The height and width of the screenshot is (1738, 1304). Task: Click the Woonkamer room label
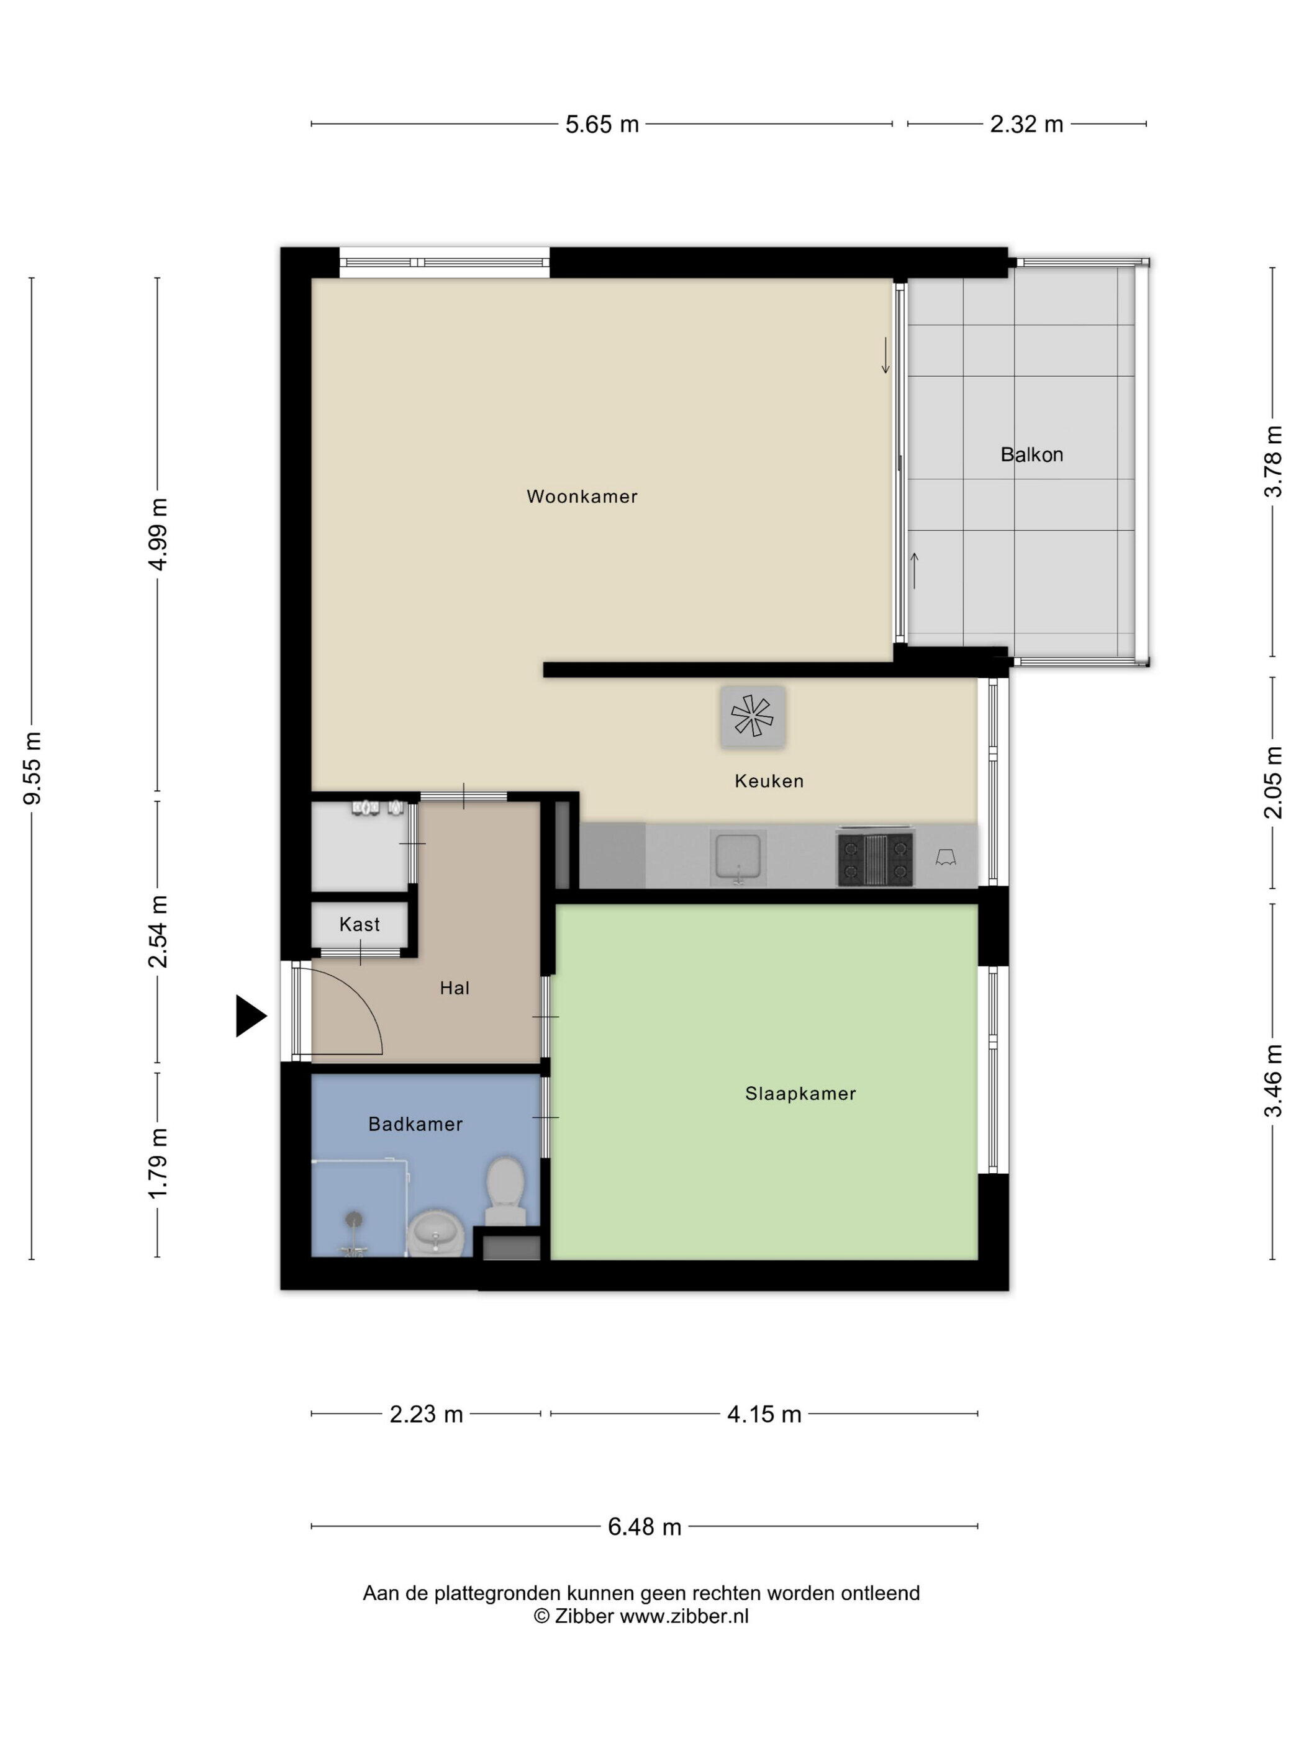point(582,497)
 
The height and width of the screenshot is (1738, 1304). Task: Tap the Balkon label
point(1031,454)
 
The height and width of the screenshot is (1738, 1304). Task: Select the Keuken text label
point(769,781)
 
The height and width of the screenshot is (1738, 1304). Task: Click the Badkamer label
point(415,1124)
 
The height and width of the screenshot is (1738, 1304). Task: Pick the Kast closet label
point(359,924)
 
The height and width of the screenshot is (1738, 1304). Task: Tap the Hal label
point(455,988)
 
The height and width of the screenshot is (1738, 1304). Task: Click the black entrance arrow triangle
point(251,1017)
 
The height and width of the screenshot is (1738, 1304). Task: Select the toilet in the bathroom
point(505,1191)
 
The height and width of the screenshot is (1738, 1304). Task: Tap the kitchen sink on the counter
point(737,857)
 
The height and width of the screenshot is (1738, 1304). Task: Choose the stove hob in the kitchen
point(875,860)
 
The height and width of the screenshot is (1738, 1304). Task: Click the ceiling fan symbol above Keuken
point(752,716)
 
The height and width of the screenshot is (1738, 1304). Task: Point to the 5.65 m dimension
point(602,124)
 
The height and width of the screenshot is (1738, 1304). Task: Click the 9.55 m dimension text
point(32,768)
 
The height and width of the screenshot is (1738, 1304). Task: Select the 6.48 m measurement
point(645,1526)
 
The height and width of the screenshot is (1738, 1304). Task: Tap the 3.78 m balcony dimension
point(1272,462)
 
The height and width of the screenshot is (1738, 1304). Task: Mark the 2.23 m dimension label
point(426,1414)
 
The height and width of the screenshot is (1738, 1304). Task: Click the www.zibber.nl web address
point(684,1616)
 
